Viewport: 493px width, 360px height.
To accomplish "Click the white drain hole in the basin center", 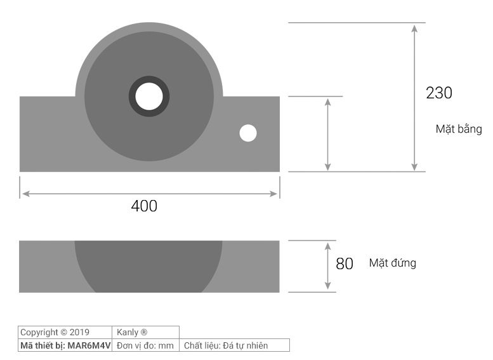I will click(x=150, y=97).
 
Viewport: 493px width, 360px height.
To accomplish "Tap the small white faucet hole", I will click(x=247, y=133).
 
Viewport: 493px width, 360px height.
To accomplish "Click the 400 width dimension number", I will click(x=144, y=206).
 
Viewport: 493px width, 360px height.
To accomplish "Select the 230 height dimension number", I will click(x=439, y=93).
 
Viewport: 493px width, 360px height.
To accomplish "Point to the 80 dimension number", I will click(x=345, y=263).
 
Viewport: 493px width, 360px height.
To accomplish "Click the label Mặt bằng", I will click(x=458, y=129).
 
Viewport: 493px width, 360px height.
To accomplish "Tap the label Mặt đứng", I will click(x=393, y=263).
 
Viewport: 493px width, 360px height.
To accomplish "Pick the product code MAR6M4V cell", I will click(x=65, y=345).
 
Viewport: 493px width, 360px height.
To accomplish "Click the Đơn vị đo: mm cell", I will click(x=145, y=345).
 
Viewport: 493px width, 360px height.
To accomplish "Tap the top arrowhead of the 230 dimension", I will click(x=414, y=29).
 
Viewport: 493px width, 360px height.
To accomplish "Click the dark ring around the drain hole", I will click(x=134, y=97).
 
